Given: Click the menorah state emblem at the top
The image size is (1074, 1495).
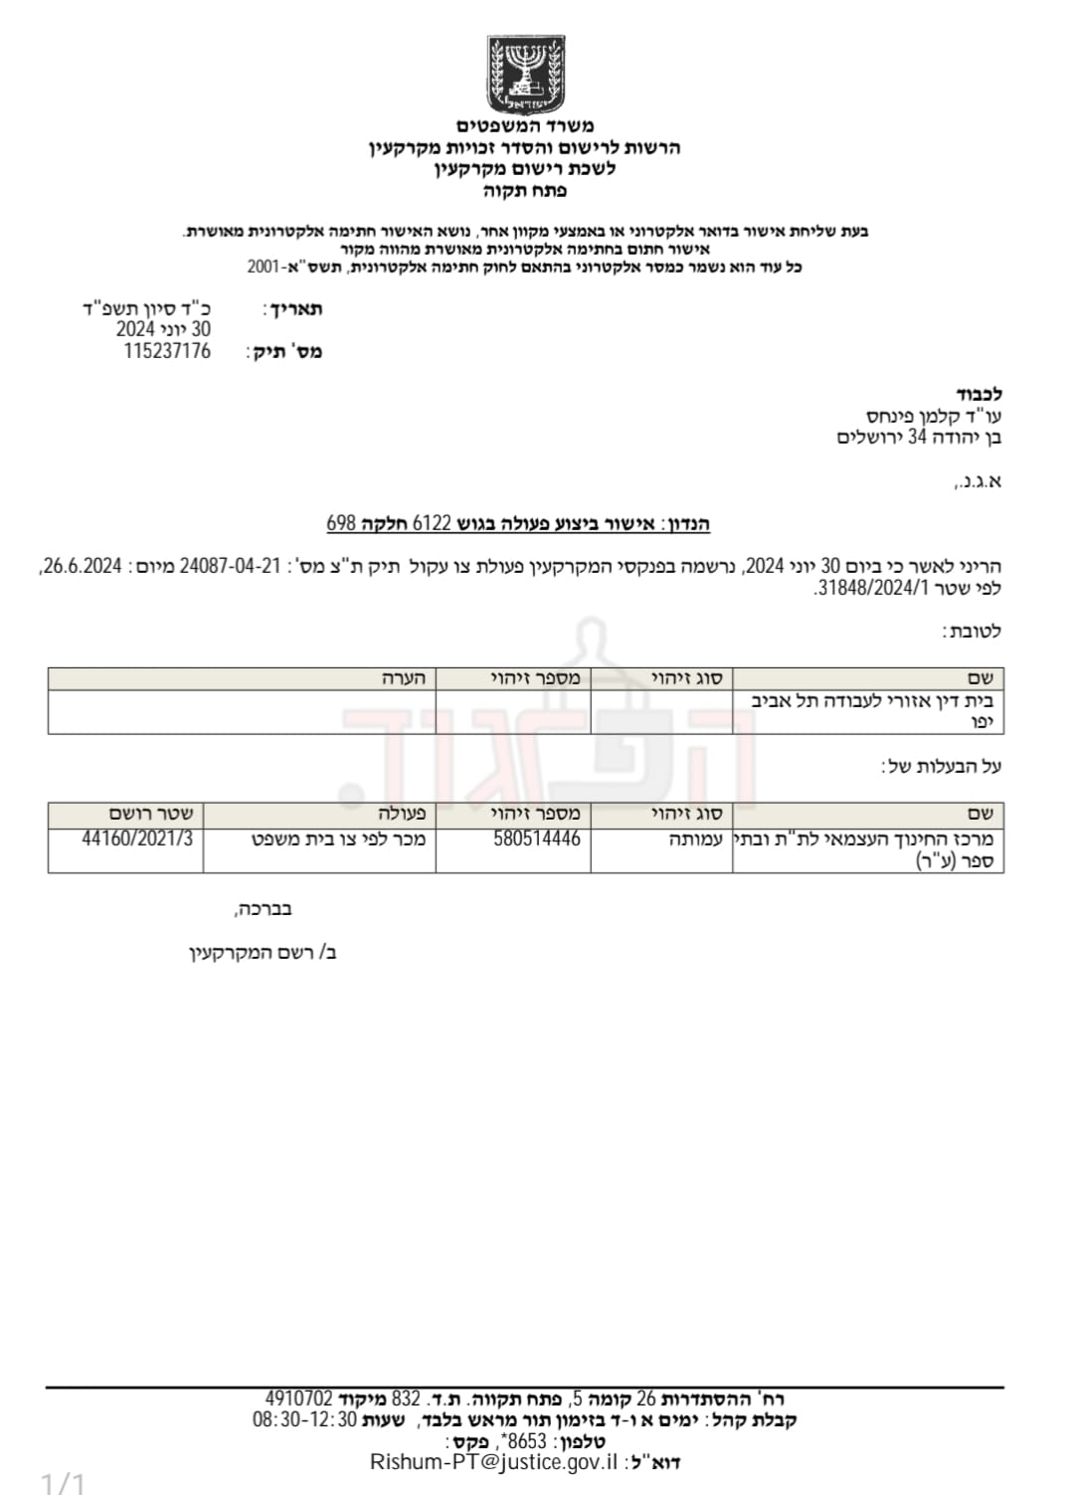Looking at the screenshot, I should pos(525,75).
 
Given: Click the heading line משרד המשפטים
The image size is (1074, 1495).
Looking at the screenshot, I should pos(525,126).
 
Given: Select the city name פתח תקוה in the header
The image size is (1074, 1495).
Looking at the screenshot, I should pos(525,191).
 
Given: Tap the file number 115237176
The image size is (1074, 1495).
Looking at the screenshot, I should pos(167,351).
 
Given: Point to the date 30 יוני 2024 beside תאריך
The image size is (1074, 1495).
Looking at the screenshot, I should pos(163,329).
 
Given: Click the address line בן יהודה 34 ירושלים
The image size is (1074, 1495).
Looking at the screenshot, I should pos(919,438).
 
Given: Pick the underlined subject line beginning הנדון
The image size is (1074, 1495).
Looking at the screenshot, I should pos(518,524).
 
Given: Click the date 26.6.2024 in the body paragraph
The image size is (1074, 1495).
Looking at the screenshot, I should pos(83,566).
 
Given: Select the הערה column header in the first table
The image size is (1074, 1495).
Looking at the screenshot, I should pos(404,678).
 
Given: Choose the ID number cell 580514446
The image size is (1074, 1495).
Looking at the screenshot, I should pos(537,839).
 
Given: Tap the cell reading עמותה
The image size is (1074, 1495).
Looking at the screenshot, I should pos(695,840).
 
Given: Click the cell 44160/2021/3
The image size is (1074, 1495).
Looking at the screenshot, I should pos(137,839).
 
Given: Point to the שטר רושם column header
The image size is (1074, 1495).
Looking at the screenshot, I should pos(151,814).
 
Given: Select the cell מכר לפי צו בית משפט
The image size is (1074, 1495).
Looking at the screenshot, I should pos(338,839).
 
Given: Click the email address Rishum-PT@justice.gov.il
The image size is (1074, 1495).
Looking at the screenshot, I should pos(493,1462).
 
